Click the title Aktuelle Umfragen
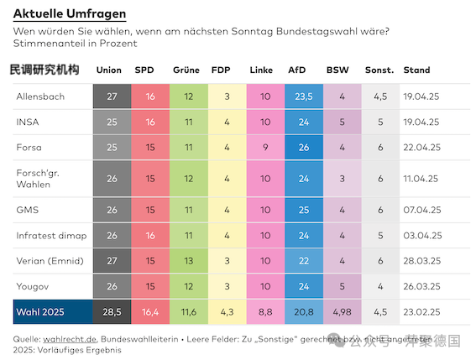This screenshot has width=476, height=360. click(x=70, y=14)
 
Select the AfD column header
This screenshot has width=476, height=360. click(x=297, y=70)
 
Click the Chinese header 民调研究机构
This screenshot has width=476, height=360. click(x=44, y=70)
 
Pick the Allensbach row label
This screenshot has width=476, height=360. click(x=40, y=97)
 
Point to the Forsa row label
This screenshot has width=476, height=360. click(x=29, y=149)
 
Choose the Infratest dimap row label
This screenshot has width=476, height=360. click(x=51, y=235)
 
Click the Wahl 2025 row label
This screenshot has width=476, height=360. click(x=39, y=311)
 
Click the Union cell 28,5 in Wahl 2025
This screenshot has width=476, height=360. click(x=112, y=311)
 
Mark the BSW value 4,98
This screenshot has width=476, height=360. click(x=342, y=311)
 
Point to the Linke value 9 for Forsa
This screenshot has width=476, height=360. click(x=265, y=149)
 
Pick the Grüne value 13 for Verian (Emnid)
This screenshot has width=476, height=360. click(x=188, y=261)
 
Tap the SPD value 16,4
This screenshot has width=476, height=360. click(x=149, y=311)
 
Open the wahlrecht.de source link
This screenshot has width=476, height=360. click(x=74, y=338)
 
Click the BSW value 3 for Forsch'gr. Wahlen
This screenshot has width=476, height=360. click(x=342, y=179)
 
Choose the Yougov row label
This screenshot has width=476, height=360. click(x=33, y=286)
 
